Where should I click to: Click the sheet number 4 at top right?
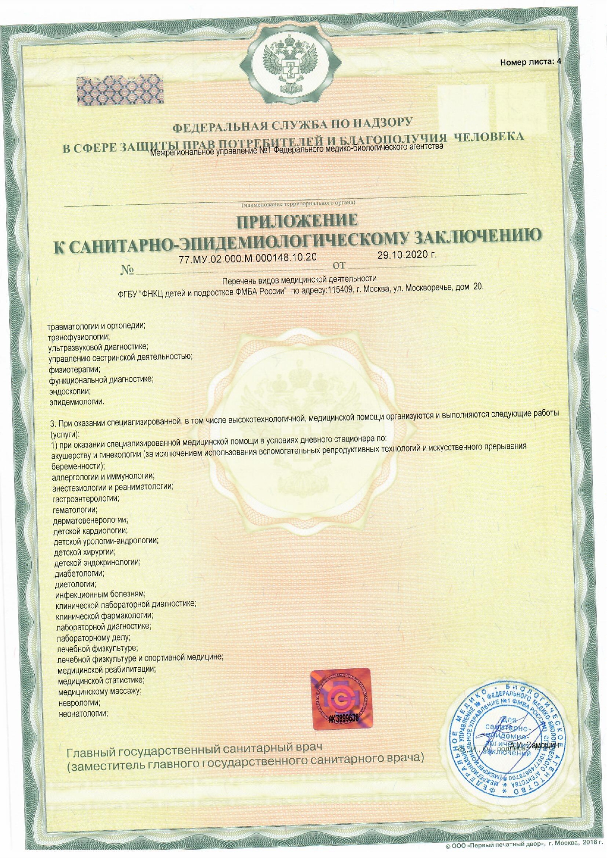pyautogui.click(x=559, y=62)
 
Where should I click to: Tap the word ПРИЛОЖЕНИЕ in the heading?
pyautogui.click(x=297, y=221)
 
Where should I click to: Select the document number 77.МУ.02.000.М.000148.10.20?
pyautogui.click(x=248, y=258)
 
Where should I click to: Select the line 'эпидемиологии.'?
pyautogui.click(x=77, y=402)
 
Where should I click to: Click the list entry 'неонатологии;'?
pyautogui.click(x=83, y=713)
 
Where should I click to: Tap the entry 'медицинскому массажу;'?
pyautogui.click(x=100, y=692)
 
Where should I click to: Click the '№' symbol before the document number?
pyautogui.click(x=127, y=270)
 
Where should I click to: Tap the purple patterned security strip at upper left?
pyautogui.click(x=120, y=90)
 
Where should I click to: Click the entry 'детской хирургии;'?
pyautogui.click(x=85, y=552)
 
